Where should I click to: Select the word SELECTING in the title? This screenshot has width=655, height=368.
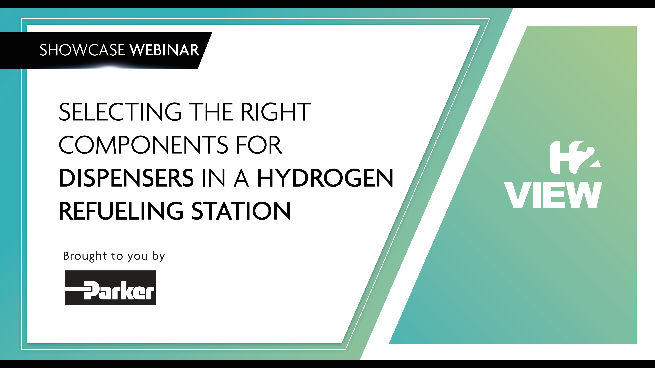120,112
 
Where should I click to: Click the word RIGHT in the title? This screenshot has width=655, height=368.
276,112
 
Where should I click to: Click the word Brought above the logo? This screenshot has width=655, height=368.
85,256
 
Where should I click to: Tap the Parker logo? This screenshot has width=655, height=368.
110,288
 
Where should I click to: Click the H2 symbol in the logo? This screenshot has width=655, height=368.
575,157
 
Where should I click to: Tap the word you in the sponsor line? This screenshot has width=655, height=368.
138,257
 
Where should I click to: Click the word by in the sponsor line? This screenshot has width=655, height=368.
159,256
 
